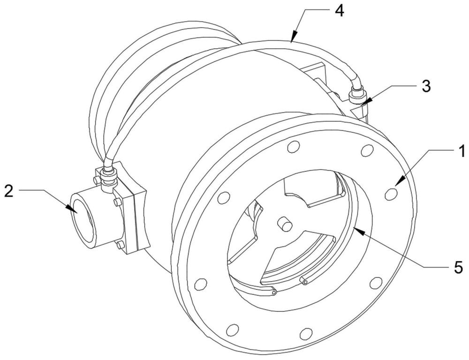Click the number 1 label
(x=461, y=151)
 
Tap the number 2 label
(x=9, y=191)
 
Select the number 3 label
(x=426, y=86)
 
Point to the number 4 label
(x=339, y=11)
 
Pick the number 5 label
(x=458, y=267)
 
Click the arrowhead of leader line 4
(x=294, y=36)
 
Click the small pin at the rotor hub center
(x=285, y=224)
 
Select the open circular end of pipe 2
(x=82, y=217)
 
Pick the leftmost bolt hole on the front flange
(x=201, y=284)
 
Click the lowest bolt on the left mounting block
(x=120, y=245)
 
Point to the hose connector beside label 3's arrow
(x=357, y=96)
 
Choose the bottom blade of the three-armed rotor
(x=296, y=258)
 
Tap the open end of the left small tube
(x=274, y=292)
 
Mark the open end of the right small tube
(x=305, y=282)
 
